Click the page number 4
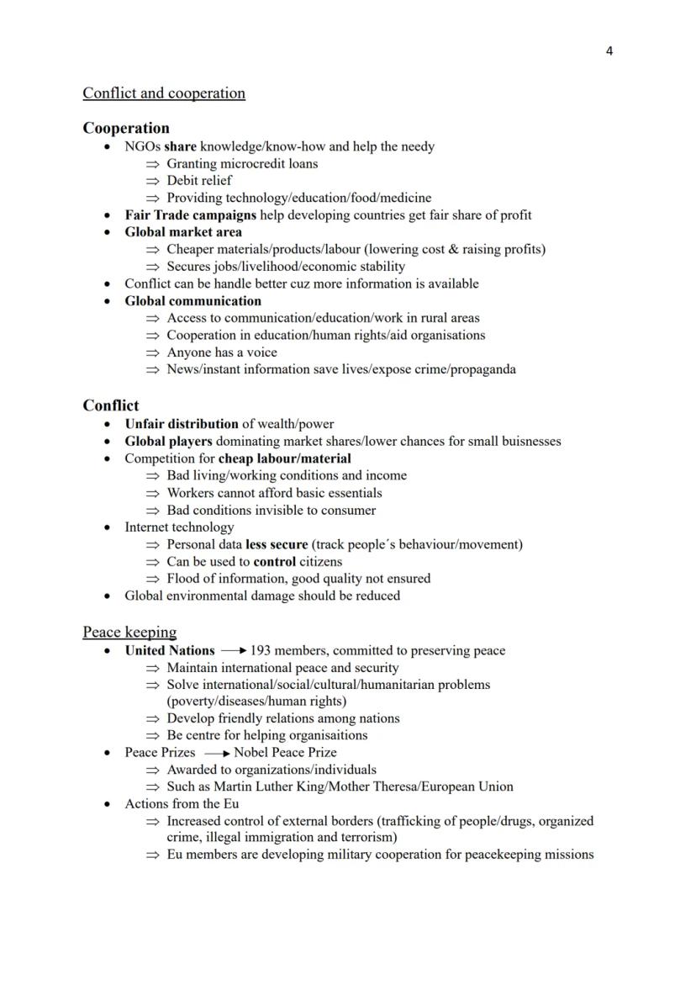tap(609, 51)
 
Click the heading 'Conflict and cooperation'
tap(164, 93)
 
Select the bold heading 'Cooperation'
tap(126, 129)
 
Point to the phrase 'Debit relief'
tap(199, 181)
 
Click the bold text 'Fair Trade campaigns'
tap(191, 215)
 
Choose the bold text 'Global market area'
tap(183, 232)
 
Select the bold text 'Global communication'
tap(193, 301)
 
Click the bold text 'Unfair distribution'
tap(182, 424)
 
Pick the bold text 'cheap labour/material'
tap(285, 458)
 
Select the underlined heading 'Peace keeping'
tap(129, 632)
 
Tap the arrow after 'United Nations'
tap(233, 651)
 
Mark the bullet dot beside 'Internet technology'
tap(107, 528)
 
